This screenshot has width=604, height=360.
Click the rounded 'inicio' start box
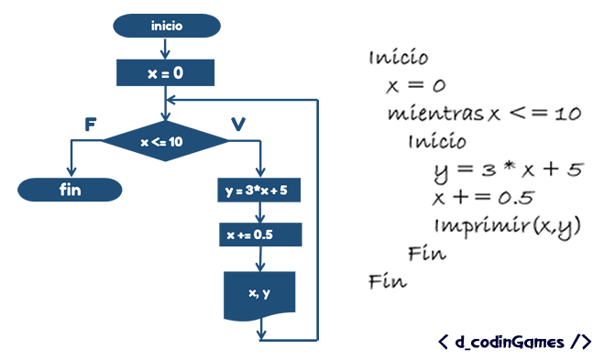166,26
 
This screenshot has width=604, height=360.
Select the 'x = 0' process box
166,72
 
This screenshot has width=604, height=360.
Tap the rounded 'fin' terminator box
71,191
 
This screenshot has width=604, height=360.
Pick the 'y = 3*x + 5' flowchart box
261,191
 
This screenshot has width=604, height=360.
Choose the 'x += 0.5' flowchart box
261,235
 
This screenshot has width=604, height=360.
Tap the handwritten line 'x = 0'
416,86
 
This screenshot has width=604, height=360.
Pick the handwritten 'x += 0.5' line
485,198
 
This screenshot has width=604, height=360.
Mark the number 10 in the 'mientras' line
568,115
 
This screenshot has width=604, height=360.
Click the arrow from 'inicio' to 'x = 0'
166,49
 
